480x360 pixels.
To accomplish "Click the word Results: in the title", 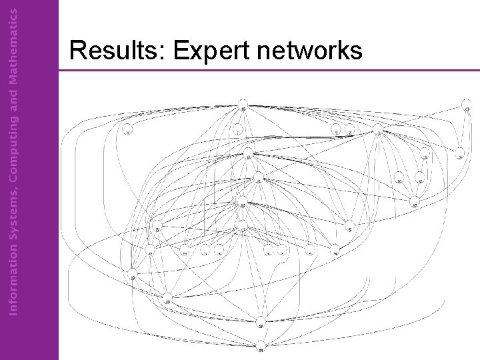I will coord(110,50).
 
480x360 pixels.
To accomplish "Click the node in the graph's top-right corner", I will coord(467,107).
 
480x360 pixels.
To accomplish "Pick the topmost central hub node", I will coord(243,108).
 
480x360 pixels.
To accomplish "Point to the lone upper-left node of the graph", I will coord(127,131).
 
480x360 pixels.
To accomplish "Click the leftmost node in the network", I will coord(133,275).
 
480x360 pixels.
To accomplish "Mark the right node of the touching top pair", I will coord(349,131).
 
